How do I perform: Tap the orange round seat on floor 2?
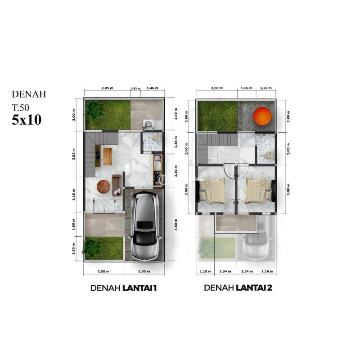[262, 117]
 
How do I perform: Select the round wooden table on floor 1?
[103, 186]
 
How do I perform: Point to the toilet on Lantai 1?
[157, 138]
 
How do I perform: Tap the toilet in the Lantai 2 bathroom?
[268, 156]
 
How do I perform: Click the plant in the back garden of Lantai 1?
[94, 110]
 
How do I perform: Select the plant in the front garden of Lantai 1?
[92, 248]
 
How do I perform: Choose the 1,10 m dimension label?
[205, 272]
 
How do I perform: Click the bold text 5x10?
[27, 120]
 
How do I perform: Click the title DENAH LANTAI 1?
[124, 288]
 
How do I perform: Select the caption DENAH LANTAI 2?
[238, 288]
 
